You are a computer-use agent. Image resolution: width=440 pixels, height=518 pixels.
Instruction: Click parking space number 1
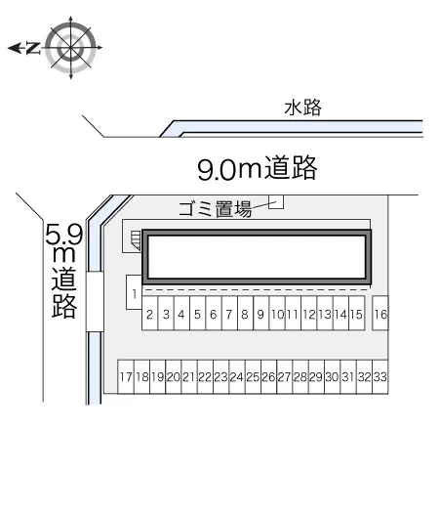(x=134, y=292)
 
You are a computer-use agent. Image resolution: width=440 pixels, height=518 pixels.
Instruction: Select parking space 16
(x=380, y=313)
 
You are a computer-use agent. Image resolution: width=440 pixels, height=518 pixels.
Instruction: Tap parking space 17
(x=126, y=376)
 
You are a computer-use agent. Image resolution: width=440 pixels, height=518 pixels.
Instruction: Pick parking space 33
(x=380, y=376)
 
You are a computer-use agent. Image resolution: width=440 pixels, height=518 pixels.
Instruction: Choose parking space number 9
(x=260, y=313)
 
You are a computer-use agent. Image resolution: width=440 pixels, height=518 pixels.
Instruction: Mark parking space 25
(x=253, y=376)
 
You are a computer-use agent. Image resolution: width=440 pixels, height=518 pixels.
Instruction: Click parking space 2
(x=149, y=313)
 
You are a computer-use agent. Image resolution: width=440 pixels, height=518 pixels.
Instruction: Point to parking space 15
(x=356, y=313)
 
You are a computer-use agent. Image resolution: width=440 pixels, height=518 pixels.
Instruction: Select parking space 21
(x=189, y=376)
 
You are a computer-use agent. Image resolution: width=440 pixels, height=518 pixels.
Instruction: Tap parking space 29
(x=317, y=376)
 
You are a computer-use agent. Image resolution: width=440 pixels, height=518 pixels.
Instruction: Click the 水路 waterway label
(x=302, y=108)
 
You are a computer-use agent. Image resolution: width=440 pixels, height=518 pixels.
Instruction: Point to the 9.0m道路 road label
(x=258, y=168)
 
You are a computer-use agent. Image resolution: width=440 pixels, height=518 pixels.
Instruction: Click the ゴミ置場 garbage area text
(x=215, y=209)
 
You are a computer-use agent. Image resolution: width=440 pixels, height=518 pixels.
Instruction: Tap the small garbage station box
(x=276, y=202)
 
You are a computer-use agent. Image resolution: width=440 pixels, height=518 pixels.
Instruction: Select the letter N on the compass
(x=33, y=48)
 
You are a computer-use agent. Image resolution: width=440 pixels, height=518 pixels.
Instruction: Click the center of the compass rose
(x=71, y=48)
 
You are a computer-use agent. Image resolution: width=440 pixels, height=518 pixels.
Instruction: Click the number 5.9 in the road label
(x=63, y=235)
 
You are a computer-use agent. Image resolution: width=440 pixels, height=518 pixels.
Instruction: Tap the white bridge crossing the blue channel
(x=95, y=302)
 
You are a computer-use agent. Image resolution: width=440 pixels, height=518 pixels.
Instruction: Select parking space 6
(x=214, y=313)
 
